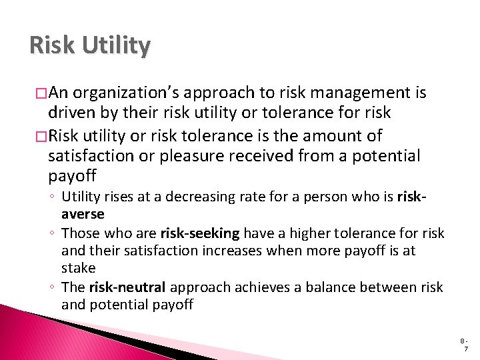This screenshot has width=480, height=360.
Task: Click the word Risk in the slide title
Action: pyautogui.click(x=51, y=45)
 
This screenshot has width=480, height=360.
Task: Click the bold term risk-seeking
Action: pyautogui.click(x=200, y=234)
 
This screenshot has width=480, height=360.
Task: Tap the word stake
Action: pyautogui.click(x=79, y=269)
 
